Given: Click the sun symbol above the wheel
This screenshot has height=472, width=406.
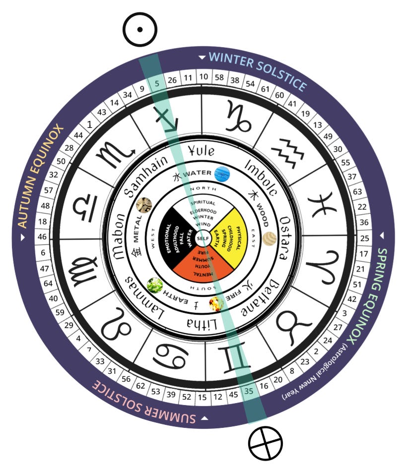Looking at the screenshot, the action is [140, 29].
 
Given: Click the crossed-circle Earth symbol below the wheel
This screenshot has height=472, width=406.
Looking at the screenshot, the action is [265, 442].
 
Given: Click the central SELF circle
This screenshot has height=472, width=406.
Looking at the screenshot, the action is [203, 238].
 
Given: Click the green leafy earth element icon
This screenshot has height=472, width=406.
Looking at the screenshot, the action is [155, 285].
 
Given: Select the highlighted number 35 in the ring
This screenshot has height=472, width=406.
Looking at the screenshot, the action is [249, 391].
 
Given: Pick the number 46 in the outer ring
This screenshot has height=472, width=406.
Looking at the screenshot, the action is [42, 237].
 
